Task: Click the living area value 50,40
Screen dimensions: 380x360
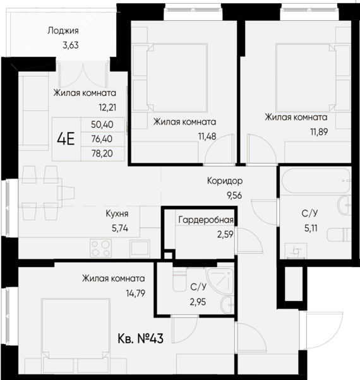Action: pyautogui.click(x=101, y=125)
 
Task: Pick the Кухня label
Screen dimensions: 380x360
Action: pyautogui.click(x=117, y=213)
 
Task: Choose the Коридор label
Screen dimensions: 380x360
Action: pyautogui.click(x=225, y=181)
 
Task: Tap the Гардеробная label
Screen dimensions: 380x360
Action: pyautogui.click(x=206, y=220)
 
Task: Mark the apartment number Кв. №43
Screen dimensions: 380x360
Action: pyautogui.click(x=140, y=339)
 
